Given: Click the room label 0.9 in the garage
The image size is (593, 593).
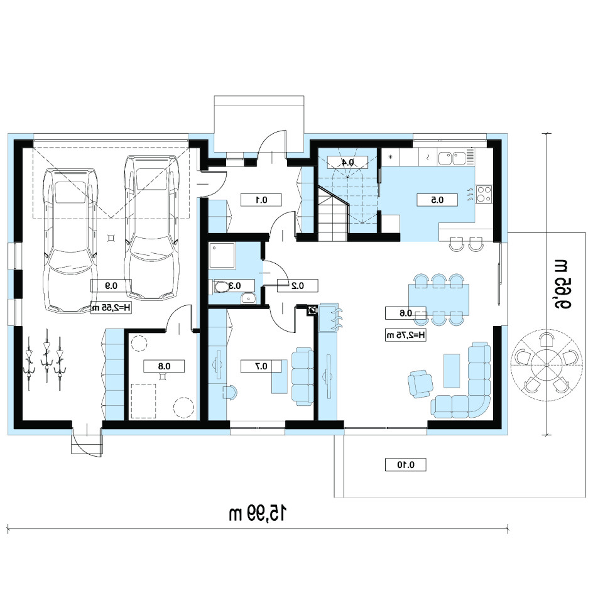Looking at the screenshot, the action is pos(111,286).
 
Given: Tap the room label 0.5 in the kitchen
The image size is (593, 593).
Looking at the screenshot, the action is pos(437,200).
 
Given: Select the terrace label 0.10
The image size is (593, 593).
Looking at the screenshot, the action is pos(405,465).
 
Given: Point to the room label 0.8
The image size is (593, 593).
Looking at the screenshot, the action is pos(164,366).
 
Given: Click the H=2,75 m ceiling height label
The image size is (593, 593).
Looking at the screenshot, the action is pos(405,335).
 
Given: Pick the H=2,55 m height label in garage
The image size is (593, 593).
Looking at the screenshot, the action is pos(111,308).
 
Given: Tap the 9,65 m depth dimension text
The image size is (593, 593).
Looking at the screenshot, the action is pos(562,284).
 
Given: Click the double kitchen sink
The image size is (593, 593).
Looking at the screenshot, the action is pos(452,158).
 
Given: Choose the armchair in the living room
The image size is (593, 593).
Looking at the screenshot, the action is pos(420,384).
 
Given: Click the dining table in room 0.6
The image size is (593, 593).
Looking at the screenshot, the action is pos(438,299).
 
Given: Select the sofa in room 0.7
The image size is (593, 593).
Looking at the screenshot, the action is pos(303,376).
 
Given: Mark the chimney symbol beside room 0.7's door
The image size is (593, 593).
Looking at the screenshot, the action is pos(312,311).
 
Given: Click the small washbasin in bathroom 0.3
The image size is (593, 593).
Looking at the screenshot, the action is pos(249,298).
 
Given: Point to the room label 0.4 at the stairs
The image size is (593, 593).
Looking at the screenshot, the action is pos(347,163).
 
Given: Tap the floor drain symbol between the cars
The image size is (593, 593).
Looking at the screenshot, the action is pos(111,238).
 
